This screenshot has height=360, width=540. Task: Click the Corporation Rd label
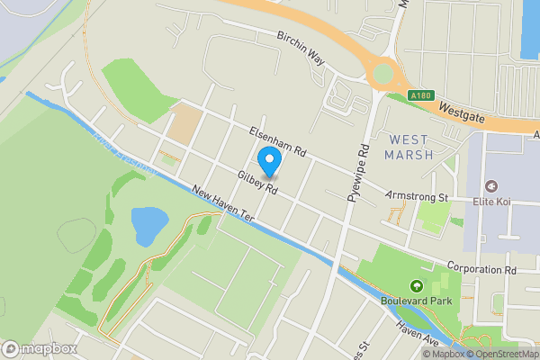pyautogui.click(x=484, y=267)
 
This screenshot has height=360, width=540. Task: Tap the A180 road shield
pyautogui.click(x=418, y=94)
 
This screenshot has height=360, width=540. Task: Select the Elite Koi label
pyautogui.click(x=492, y=201)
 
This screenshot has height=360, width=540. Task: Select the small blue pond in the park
pyautogui.click(x=148, y=223)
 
